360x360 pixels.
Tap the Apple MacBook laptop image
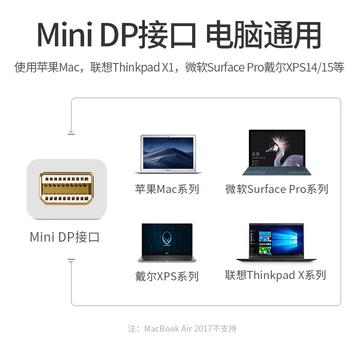(x=167, y=154)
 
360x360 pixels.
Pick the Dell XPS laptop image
(x=167, y=242)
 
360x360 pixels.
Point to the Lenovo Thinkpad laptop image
(x=276, y=242)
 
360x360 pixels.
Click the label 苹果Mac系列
(x=167, y=189)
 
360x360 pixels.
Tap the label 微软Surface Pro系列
(x=277, y=189)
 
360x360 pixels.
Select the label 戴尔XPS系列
(x=167, y=276)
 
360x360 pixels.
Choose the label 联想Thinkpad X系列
(x=275, y=275)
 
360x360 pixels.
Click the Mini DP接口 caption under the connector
(x=65, y=237)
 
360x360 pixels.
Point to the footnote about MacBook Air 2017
(x=182, y=328)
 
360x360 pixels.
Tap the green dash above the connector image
(x=71, y=134)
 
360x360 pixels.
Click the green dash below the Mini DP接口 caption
(x=71, y=260)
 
